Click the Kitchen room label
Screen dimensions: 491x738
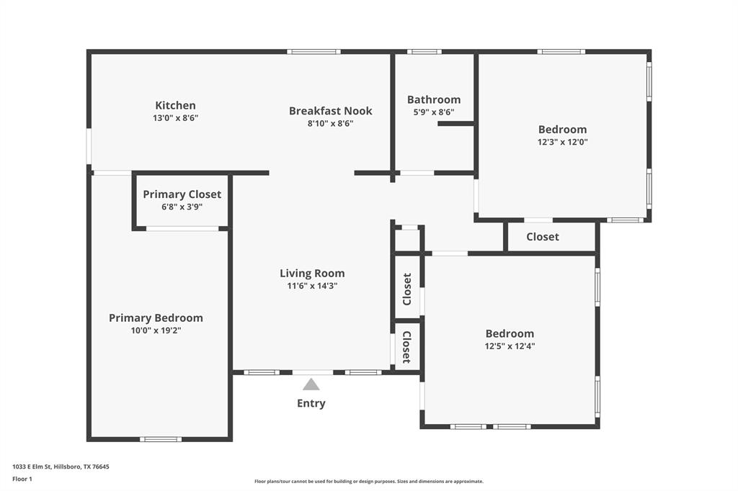[x=175, y=105]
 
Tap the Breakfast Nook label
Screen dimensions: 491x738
[x=330, y=111]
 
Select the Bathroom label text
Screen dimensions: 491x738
[x=433, y=99]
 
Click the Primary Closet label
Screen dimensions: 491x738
[x=182, y=194]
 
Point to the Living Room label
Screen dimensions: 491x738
[x=312, y=274]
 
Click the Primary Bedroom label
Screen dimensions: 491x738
[x=156, y=317]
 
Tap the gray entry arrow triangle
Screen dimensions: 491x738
[x=311, y=384]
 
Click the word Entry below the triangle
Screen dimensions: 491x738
[x=311, y=403]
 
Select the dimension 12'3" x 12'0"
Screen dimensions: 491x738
[x=563, y=142]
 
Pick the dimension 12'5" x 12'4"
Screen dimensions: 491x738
[x=510, y=346]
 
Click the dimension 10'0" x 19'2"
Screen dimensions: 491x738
[x=156, y=330]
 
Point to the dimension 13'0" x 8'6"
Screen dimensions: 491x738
[x=175, y=118]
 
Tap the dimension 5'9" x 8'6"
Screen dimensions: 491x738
[x=433, y=112]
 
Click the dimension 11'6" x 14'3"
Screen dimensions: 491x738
[x=312, y=286]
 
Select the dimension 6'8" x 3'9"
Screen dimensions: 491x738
[x=182, y=207]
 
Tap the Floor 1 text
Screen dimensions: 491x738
[x=22, y=478]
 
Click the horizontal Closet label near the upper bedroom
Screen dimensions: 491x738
[x=542, y=237]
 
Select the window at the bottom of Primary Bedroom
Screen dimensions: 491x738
[x=160, y=438]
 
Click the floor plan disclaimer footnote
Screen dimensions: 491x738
[x=368, y=482]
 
